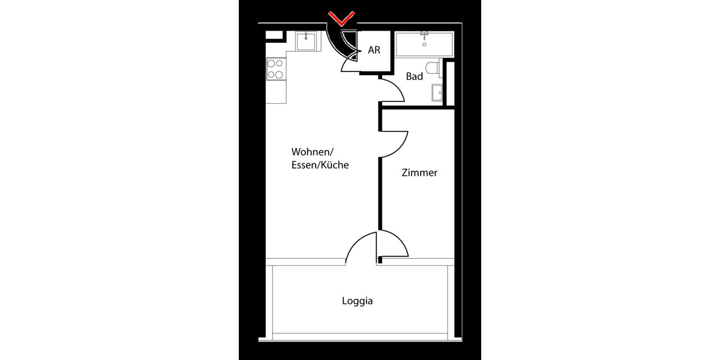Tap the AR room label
click(x=374, y=51)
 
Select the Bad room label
click(x=415, y=77)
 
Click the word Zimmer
click(x=419, y=173)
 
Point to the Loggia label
click(x=358, y=301)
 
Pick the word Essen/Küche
click(x=320, y=164)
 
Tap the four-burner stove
click(x=275, y=69)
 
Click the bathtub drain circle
click(x=425, y=43)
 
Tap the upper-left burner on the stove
click(x=271, y=64)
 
